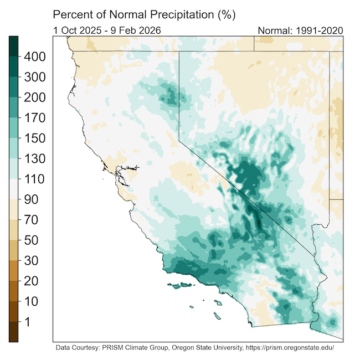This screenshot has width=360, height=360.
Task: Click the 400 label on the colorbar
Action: coord(34,56)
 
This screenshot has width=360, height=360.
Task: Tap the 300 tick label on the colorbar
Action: coord(34,77)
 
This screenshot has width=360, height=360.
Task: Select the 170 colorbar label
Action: coord(34,118)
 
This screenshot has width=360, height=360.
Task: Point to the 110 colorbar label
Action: coord(34,179)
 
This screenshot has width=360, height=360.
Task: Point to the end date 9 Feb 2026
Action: coord(135,30)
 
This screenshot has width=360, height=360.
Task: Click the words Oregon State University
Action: coord(198,349)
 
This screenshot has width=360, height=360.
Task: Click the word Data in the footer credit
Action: coord(64,349)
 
